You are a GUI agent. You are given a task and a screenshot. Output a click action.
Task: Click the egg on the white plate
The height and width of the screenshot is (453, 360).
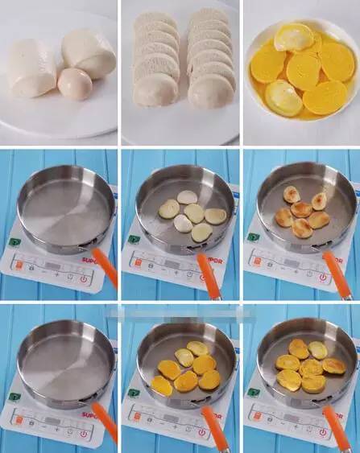click(74, 83)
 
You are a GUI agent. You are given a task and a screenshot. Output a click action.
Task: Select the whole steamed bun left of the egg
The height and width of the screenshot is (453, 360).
click(31, 67)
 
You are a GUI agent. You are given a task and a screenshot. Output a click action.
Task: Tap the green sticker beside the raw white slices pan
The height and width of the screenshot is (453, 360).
click(130, 239)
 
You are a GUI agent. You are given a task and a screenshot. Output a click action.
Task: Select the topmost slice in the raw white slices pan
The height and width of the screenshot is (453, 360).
click(187, 197)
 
